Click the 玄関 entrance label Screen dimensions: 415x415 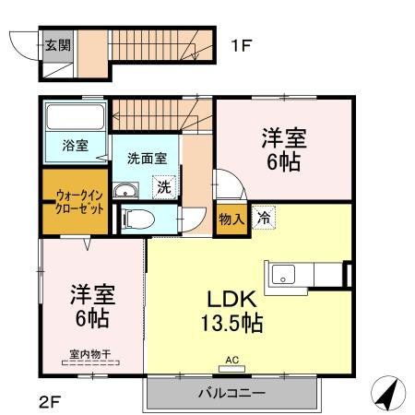[57, 43]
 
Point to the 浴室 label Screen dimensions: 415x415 [75, 145]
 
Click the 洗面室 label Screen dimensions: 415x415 [144, 158]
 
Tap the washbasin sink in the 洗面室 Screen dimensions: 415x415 [125, 191]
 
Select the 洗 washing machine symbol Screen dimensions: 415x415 [162, 185]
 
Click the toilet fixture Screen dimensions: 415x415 [134, 219]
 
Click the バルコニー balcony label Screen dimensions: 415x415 [231, 393]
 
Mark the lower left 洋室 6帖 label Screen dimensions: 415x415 [90, 308]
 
